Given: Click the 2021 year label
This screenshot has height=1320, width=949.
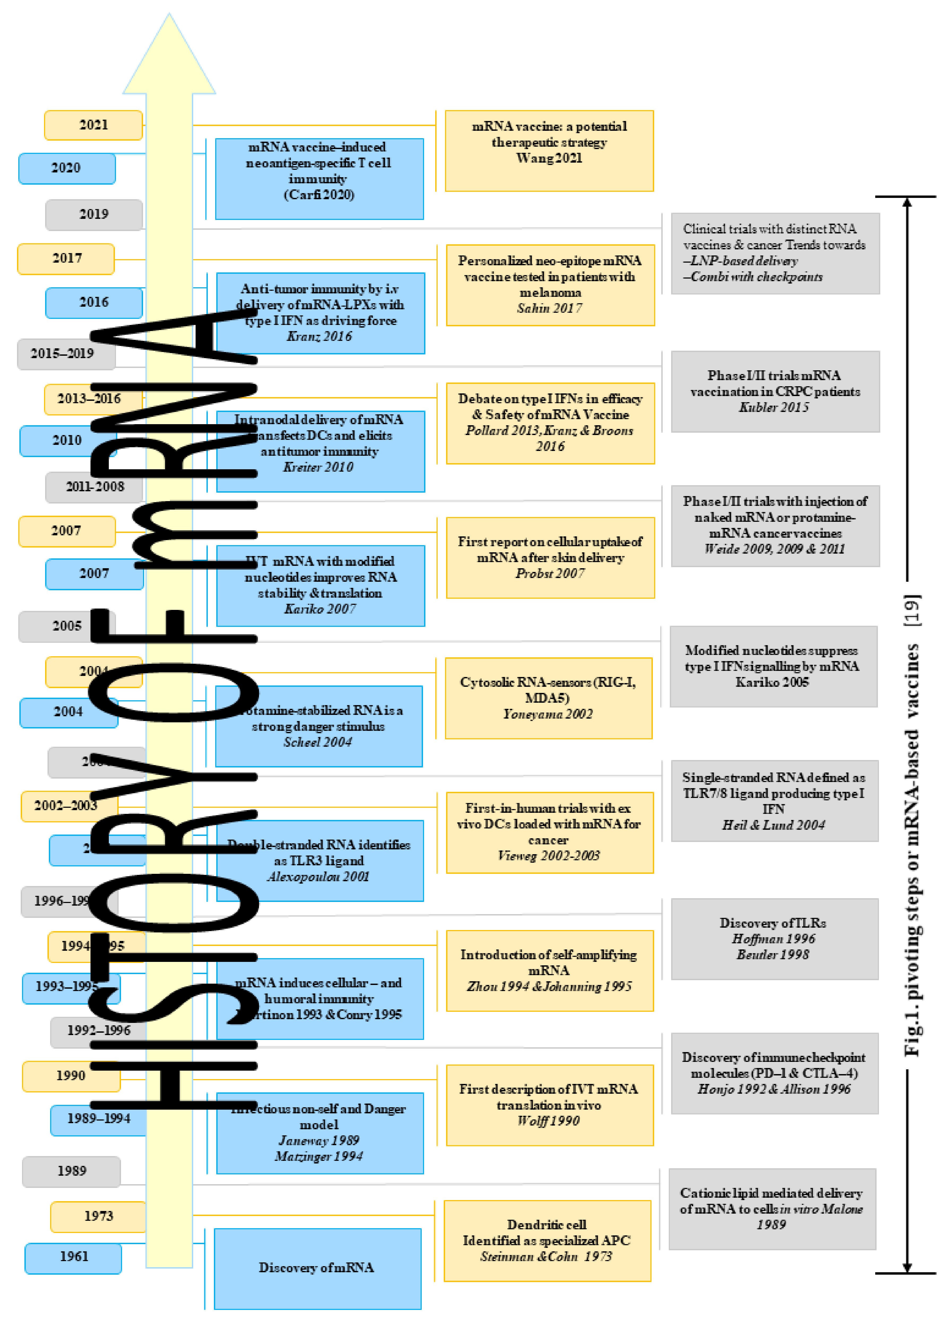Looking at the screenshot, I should coord(93,125).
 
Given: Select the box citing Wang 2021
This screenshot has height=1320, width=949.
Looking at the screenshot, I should coord(549,151).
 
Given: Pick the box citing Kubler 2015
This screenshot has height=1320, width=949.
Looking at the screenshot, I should coord(775,391).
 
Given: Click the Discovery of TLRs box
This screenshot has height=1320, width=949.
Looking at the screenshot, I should coord(774,939).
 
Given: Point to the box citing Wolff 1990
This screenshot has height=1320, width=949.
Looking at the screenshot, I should coord(549,1105).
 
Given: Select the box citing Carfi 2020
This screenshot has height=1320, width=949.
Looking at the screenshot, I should coord(319,179).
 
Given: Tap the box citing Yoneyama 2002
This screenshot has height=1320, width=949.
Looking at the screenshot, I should coord(549,698).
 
